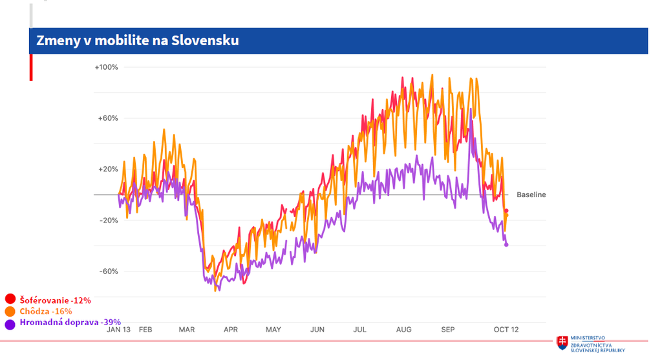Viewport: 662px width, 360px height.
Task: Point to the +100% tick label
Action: (x=106, y=67)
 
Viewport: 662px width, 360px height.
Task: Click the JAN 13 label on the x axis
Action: (x=118, y=330)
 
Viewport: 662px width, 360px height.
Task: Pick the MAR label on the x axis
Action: (x=187, y=330)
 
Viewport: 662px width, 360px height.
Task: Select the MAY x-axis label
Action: (x=273, y=330)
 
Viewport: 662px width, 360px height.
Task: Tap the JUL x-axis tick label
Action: (x=359, y=330)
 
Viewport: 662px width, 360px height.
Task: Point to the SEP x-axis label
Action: (x=448, y=330)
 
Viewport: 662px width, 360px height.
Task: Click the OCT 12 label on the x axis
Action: (x=506, y=330)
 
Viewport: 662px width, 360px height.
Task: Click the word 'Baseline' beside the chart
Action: (x=531, y=195)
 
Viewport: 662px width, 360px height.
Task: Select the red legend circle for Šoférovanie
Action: (x=10, y=299)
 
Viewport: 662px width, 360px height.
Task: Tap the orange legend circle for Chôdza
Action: (x=10, y=312)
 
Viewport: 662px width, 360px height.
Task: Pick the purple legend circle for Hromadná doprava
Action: (x=10, y=323)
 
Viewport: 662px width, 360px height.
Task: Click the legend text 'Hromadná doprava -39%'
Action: (x=70, y=323)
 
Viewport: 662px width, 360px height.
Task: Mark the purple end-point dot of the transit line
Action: (x=506, y=244)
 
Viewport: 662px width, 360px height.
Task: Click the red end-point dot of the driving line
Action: (x=506, y=211)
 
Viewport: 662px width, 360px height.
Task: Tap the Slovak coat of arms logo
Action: (x=563, y=342)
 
